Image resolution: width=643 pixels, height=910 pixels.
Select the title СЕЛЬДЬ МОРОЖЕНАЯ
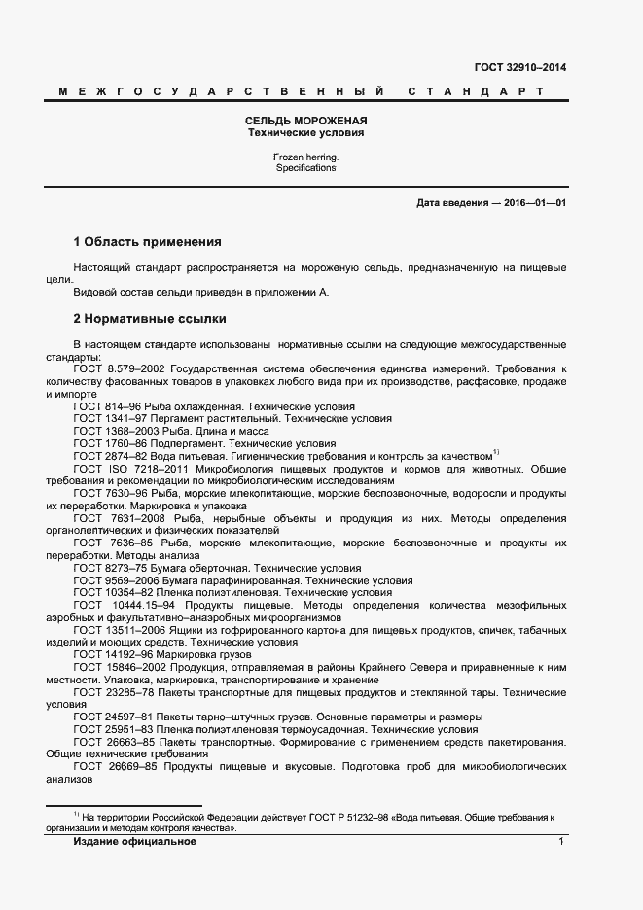(305, 120)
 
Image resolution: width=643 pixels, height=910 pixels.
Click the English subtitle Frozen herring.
(305, 156)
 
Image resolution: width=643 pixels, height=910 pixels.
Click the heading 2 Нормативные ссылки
(150, 318)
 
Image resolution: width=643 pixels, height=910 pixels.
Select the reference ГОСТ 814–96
(106, 405)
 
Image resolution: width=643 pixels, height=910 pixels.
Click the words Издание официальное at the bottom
(134, 842)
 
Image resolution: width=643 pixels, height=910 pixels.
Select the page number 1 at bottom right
(561, 842)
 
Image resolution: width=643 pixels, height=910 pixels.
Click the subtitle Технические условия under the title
(305, 131)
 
